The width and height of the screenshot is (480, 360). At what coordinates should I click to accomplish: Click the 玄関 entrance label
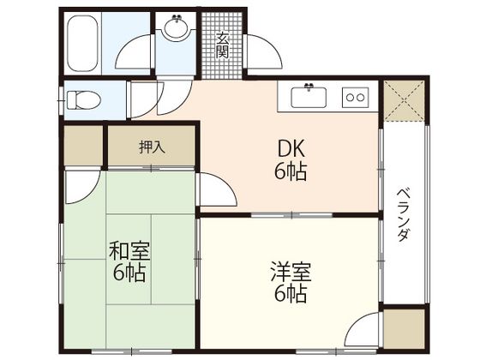(222, 43)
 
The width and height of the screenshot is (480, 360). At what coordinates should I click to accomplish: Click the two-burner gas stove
(355, 96)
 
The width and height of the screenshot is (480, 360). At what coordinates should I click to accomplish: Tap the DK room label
(291, 148)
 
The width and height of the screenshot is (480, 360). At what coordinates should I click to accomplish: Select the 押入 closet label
(152, 147)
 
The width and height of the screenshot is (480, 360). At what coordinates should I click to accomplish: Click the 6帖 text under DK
(291, 171)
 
